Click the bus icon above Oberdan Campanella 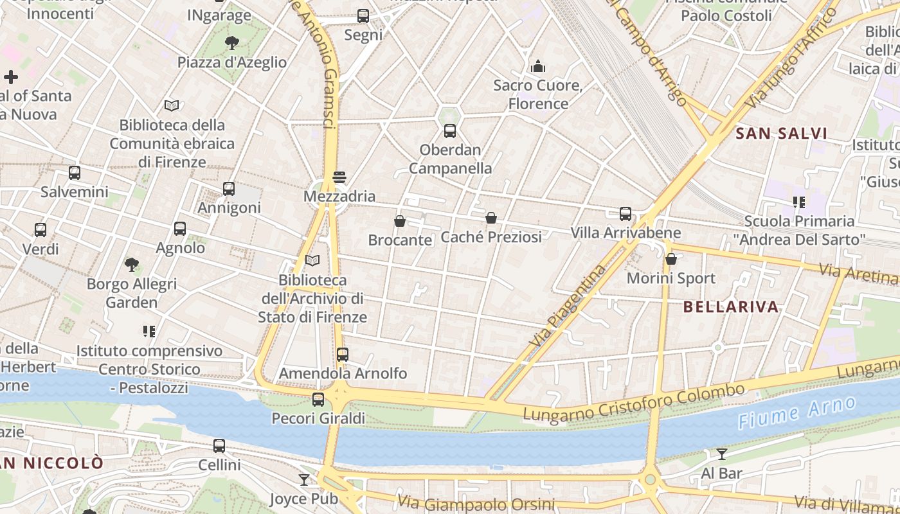(x=450, y=131)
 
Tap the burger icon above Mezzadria (x=339, y=177)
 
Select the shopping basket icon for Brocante (x=400, y=221)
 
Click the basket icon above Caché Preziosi (x=491, y=218)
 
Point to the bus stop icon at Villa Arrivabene (x=625, y=214)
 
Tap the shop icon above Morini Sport (x=671, y=259)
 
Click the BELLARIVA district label (x=731, y=306)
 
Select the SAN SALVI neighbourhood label (x=781, y=134)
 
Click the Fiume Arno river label (x=797, y=412)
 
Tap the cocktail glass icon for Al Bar (x=722, y=454)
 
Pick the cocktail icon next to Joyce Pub (x=303, y=479)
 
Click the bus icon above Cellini (x=219, y=446)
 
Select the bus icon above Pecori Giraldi (x=318, y=400)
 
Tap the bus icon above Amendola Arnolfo (x=343, y=354)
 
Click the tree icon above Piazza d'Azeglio (x=232, y=43)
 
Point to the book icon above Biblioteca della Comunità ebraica (x=172, y=105)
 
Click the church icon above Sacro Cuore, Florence (x=538, y=66)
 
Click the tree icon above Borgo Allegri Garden (x=132, y=264)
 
